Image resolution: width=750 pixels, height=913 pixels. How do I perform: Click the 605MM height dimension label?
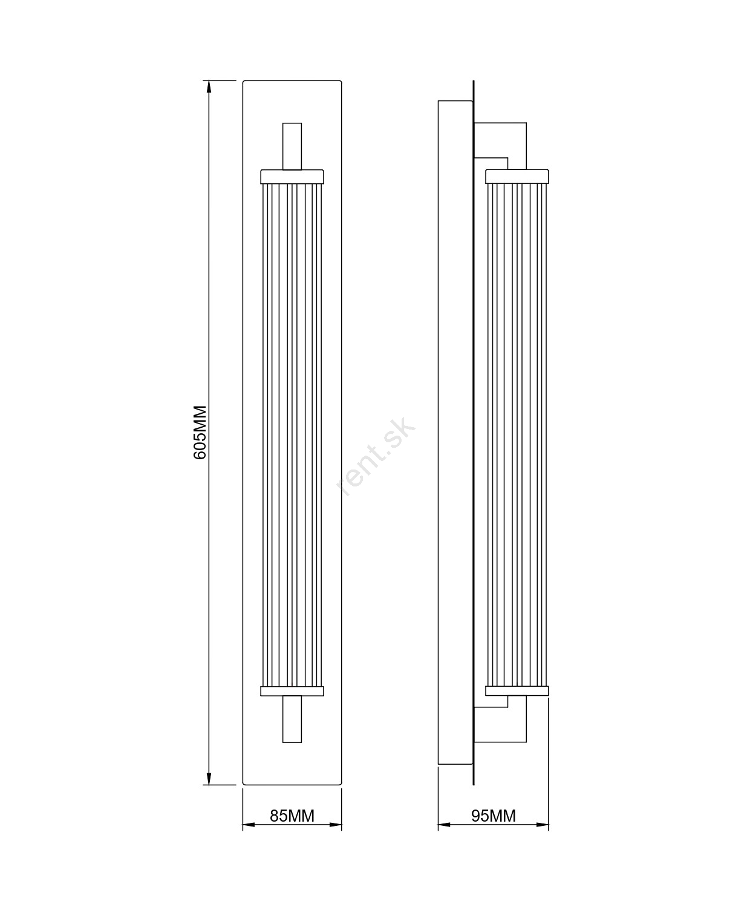pyautogui.click(x=200, y=432)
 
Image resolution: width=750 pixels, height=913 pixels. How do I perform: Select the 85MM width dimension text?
pyautogui.click(x=292, y=816)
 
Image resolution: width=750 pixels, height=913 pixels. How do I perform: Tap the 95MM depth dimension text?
pyautogui.click(x=494, y=816)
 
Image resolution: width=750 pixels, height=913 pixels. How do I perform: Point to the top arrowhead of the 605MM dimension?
pyautogui.click(x=209, y=87)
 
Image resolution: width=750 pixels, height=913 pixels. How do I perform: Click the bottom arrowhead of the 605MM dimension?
pyautogui.click(x=209, y=778)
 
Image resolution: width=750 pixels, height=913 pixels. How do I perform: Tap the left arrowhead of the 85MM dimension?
pyautogui.click(x=249, y=825)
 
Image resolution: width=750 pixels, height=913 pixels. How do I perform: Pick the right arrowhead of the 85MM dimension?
pyautogui.click(x=336, y=825)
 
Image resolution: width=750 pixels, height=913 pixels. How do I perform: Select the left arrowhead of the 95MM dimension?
pyautogui.click(x=445, y=825)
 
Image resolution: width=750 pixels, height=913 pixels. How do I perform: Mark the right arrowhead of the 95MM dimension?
pyautogui.click(x=543, y=825)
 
